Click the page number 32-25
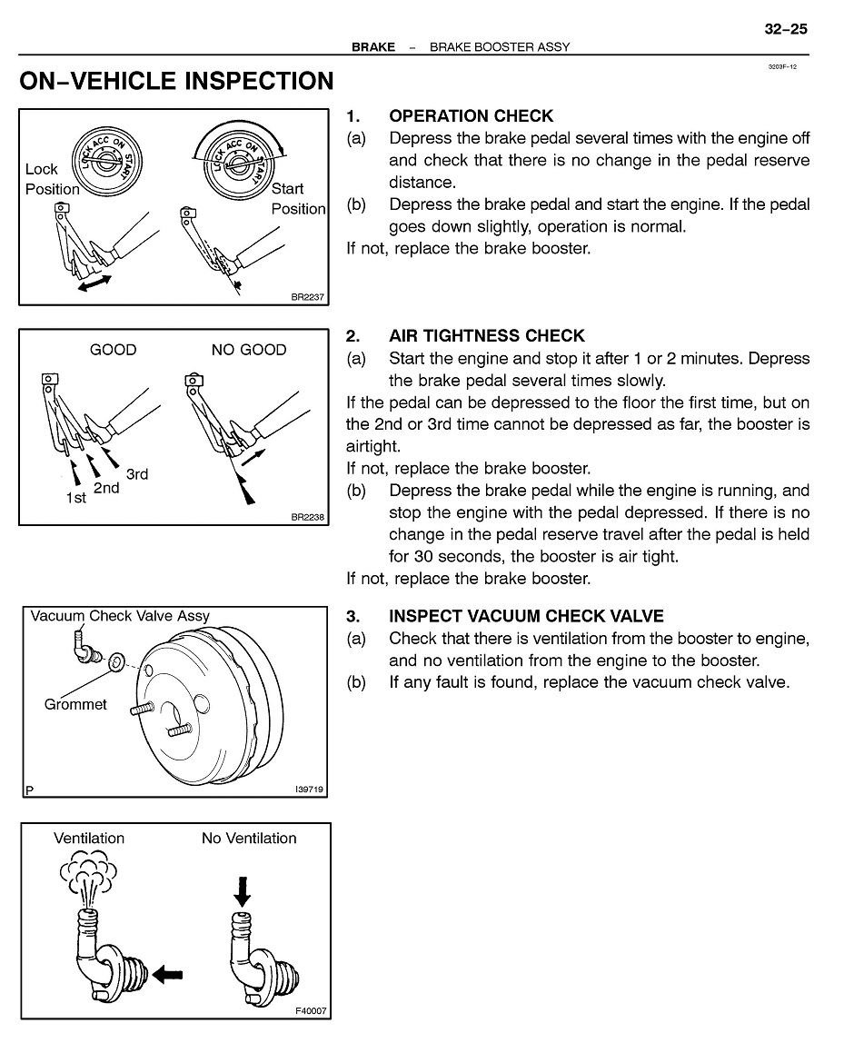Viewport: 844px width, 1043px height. (x=785, y=29)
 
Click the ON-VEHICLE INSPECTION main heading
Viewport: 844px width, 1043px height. (x=177, y=82)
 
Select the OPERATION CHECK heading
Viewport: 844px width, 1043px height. (x=471, y=116)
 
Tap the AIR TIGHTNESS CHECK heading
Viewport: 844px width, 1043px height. (x=487, y=336)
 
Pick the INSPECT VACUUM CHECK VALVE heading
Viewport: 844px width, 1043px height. (x=526, y=616)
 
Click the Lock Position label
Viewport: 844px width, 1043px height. (x=52, y=179)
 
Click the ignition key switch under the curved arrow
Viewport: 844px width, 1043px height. (x=240, y=166)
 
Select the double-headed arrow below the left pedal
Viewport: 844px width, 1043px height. (x=94, y=284)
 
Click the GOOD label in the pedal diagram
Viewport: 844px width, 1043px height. (x=113, y=350)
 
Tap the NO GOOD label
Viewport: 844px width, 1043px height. (x=248, y=350)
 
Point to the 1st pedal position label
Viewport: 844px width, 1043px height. (x=76, y=498)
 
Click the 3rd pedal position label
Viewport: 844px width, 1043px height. (x=137, y=473)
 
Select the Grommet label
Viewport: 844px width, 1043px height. (x=75, y=704)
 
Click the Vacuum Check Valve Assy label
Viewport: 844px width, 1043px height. (x=120, y=616)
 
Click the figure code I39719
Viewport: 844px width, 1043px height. (x=310, y=790)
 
